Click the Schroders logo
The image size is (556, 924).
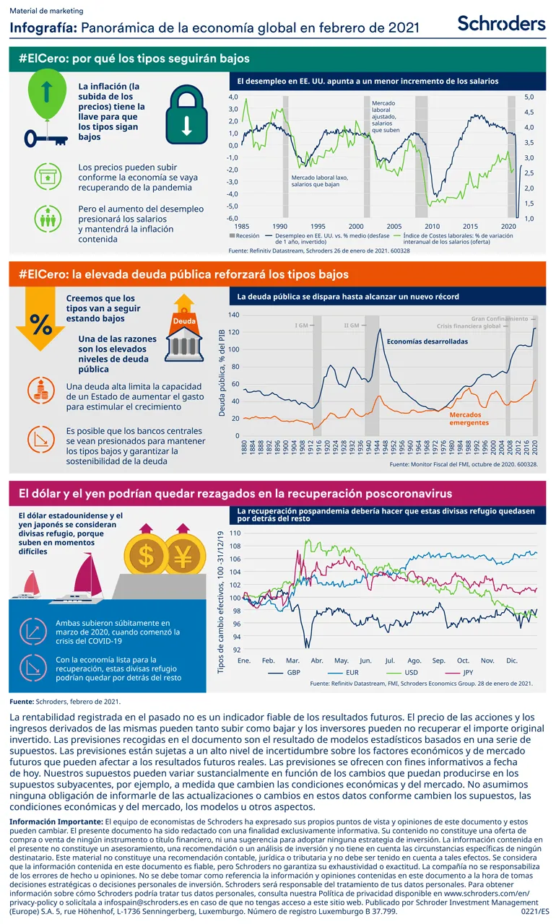click(x=501, y=23)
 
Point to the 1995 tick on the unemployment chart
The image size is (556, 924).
click(x=318, y=226)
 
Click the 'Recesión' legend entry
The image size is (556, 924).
click(x=246, y=235)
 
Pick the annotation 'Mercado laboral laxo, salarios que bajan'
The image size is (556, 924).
click(x=319, y=180)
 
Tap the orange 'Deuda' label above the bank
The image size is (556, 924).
click(x=185, y=320)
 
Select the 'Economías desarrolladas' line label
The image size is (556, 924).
click(x=427, y=341)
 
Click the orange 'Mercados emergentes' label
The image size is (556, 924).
click(x=469, y=419)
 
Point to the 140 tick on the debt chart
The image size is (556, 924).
click(x=233, y=315)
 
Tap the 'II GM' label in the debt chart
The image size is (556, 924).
click(x=352, y=326)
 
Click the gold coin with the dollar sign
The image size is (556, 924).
click(x=146, y=556)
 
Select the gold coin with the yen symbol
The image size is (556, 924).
click(x=182, y=556)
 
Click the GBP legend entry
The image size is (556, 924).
click(x=284, y=672)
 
